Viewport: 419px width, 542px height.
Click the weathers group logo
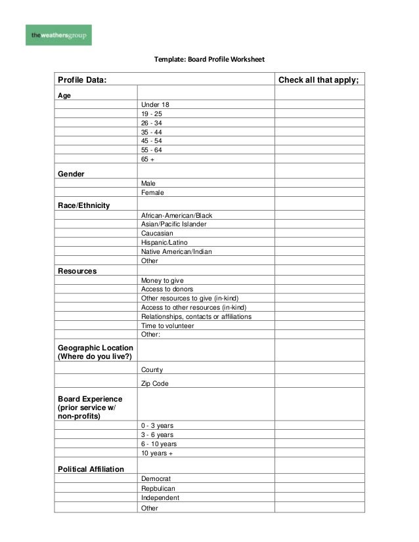(58, 35)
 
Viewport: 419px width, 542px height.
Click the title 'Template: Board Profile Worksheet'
(209, 60)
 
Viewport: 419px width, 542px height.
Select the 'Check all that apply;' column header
(319, 81)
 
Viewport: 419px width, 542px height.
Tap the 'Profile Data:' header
(81, 81)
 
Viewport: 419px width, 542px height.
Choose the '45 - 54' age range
(151, 141)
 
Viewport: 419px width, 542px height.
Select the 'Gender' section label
(71, 173)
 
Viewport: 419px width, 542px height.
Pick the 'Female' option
(152, 193)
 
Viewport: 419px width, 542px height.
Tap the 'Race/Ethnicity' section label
(84, 205)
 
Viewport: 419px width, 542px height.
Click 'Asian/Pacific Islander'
(173, 224)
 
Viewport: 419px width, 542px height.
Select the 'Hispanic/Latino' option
(164, 243)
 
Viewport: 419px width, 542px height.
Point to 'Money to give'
(162, 280)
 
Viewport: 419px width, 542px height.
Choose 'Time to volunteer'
(167, 325)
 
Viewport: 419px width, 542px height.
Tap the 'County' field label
(152, 369)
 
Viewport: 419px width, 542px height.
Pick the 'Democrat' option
(156, 479)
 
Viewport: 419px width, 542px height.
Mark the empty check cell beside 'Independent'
(319, 497)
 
